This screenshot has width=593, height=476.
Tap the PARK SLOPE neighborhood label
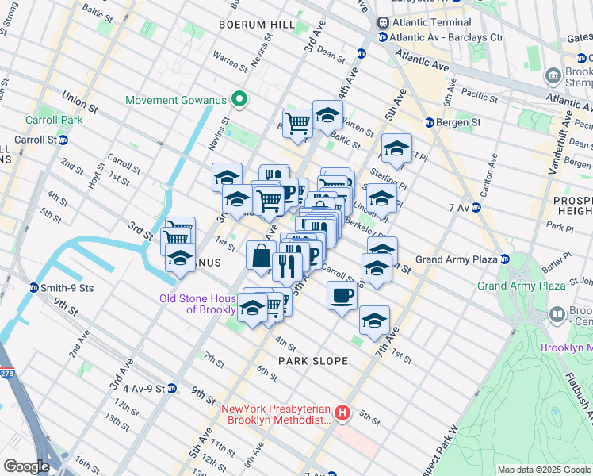[313, 361]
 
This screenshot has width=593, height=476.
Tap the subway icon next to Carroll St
[63, 139]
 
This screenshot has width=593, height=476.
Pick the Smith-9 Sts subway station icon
[34, 287]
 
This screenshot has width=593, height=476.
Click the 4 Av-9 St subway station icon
[173, 389]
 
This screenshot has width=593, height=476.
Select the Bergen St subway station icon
[429, 122]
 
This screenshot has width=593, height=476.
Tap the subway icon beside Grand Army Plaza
[503, 259]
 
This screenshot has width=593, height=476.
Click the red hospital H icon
[342, 413]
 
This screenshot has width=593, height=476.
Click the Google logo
[27, 466]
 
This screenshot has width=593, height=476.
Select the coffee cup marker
[342, 296]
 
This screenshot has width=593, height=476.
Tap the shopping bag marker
[261, 255]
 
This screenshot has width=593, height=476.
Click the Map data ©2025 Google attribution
[544, 470]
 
